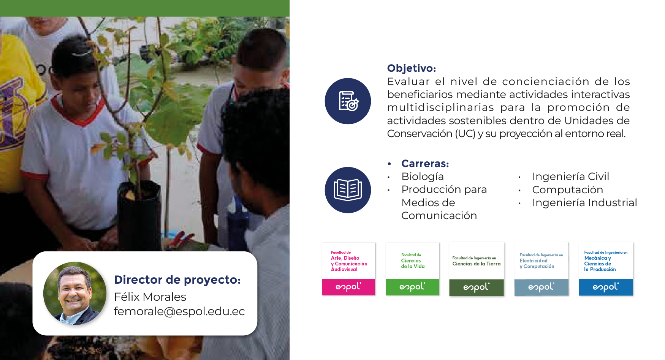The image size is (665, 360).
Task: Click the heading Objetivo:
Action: (x=412, y=68)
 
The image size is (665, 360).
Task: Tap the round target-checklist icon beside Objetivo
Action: (x=348, y=101)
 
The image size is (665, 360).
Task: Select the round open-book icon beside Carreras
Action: (x=348, y=190)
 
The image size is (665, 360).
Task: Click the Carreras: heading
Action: (x=425, y=164)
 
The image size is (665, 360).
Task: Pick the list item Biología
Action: (x=423, y=177)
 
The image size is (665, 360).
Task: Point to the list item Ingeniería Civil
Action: (x=571, y=177)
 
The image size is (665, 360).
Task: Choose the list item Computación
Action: (x=568, y=190)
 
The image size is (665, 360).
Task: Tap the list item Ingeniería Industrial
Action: (x=585, y=203)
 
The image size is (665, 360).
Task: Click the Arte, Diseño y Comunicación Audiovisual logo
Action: (x=348, y=269)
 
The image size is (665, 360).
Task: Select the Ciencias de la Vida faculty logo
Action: (x=412, y=269)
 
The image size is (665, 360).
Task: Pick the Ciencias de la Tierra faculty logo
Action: (x=477, y=269)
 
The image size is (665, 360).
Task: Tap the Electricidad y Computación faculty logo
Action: (x=541, y=269)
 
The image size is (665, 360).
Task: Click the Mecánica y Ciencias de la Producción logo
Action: (x=606, y=269)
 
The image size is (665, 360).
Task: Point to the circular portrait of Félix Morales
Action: (x=75, y=293)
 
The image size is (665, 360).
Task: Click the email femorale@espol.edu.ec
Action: (x=179, y=311)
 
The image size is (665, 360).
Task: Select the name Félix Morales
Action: (x=150, y=297)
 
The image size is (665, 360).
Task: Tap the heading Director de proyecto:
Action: (x=177, y=280)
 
